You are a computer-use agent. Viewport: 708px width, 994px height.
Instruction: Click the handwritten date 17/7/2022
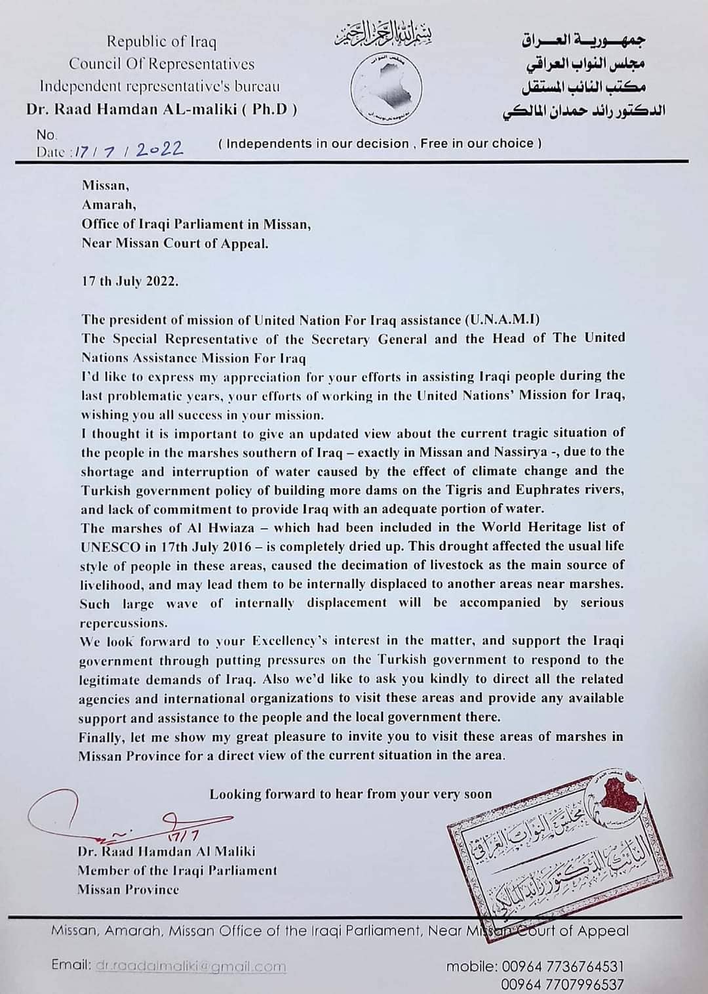click(x=128, y=150)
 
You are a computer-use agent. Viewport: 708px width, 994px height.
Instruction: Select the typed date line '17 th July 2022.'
click(x=129, y=281)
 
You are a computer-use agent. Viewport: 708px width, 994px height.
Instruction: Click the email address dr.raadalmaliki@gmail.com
click(x=191, y=966)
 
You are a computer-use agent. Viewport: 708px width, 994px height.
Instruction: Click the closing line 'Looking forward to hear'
click(x=350, y=794)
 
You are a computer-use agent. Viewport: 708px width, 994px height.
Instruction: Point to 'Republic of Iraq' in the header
click(x=161, y=42)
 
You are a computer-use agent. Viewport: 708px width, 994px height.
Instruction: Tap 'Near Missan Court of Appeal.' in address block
click(x=175, y=243)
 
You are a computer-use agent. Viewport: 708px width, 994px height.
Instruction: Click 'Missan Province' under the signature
click(x=128, y=890)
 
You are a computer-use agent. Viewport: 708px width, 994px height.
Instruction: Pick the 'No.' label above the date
click(x=47, y=135)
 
